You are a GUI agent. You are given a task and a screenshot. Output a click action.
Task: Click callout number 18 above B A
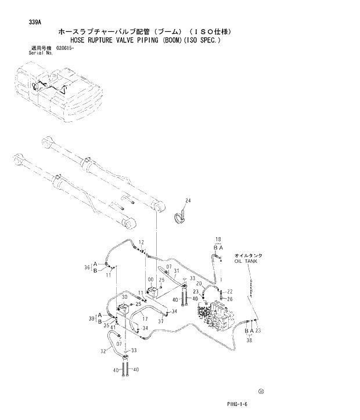click(218, 239)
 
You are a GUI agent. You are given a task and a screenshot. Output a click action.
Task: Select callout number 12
click(141, 241)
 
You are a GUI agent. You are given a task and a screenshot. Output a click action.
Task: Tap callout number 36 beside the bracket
click(87, 267)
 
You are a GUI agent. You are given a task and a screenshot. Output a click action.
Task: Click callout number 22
click(230, 291)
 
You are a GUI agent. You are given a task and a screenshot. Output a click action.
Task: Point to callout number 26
click(230, 299)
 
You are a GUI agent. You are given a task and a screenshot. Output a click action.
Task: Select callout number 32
click(103, 350)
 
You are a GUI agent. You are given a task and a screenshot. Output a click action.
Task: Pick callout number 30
click(124, 298)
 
